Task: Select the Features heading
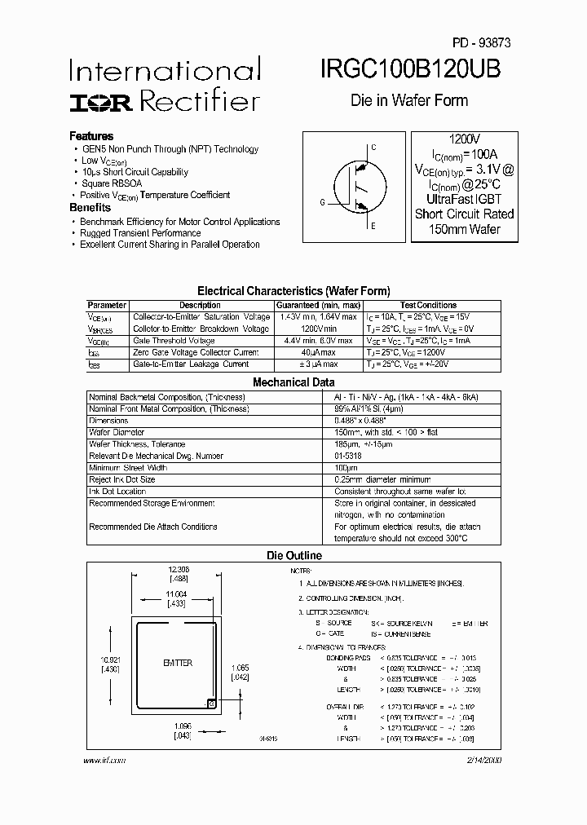91,136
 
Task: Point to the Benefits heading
90,208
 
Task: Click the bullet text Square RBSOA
112,183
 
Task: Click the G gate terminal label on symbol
322,201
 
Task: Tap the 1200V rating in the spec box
464,139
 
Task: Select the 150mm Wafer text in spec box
464,229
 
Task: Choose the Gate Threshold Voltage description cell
174,340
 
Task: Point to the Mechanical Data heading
293,382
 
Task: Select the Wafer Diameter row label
117,432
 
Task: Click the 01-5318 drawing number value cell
348,456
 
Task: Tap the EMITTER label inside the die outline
177,664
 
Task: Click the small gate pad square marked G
211,703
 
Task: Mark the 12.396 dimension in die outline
178,569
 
